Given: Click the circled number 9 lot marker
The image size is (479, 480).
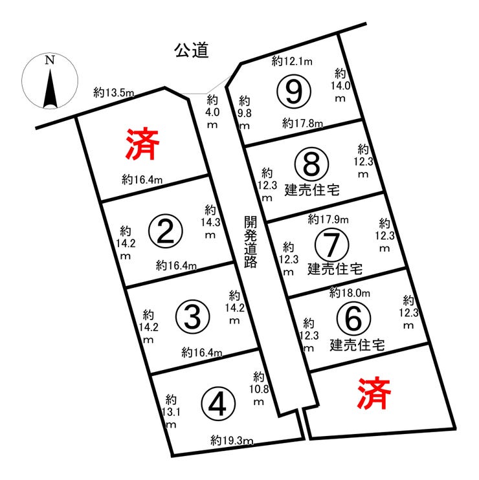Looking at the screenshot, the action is click(294, 91).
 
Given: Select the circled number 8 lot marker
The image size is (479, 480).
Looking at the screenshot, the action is click(311, 164).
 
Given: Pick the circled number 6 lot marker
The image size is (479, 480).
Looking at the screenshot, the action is click(353, 318).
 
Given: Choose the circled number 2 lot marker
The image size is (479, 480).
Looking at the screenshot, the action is click(165, 232).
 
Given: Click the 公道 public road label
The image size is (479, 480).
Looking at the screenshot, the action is click(192, 50).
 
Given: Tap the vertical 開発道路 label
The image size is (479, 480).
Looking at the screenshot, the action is click(251, 242).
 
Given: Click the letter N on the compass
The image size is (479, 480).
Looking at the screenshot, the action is click(50, 60).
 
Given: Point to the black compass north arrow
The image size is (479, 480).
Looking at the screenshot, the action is click(50, 89).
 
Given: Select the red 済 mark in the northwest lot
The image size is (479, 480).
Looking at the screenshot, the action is click(142, 144).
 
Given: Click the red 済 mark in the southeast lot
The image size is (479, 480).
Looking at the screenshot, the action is click(374, 393).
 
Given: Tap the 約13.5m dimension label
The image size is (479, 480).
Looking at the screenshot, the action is click(114, 92).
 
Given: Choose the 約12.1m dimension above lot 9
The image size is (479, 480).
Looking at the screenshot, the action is click(292, 61).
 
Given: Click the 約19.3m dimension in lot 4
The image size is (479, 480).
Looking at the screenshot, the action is click(232, 441).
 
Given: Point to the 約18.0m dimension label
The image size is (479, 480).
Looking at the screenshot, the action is click(350, 293).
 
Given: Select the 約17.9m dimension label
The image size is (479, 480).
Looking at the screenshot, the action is click(328, 219).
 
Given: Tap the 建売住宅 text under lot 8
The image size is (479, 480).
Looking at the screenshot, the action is click(312, 190).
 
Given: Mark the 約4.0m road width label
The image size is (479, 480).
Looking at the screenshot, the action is click(212, 112).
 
